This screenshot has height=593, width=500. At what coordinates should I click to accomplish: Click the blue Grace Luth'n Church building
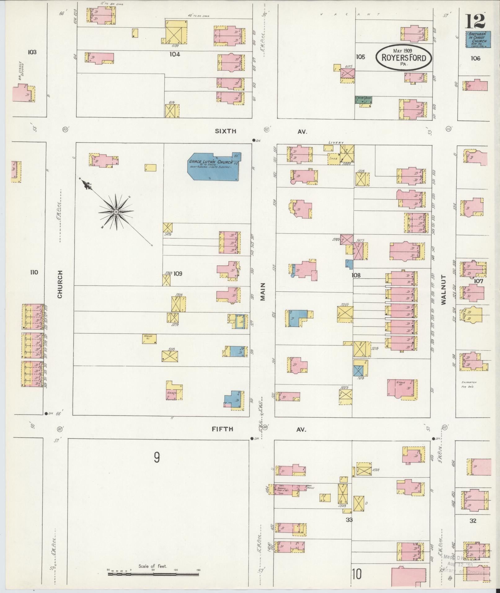pos(214,167)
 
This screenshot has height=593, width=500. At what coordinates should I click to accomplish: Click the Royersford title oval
pos(404,57)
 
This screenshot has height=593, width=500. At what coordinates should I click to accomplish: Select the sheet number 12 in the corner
pos(475,21)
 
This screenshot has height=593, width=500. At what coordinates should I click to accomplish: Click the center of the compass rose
pos(116,212)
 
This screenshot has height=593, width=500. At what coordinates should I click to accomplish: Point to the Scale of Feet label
pos(153,566)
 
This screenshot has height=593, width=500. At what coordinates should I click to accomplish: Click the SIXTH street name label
pos(225,131)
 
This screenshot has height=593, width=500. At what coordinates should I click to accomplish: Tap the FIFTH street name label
pos(222,429)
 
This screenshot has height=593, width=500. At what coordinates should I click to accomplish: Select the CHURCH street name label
pos(60,284)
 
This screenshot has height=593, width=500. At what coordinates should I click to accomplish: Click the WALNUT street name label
pos(443,290)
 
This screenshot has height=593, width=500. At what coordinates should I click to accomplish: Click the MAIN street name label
pos(263,292)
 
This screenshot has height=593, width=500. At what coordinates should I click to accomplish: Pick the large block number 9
pos(157,457)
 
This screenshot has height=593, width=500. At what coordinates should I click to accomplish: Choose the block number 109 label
pos(178,274)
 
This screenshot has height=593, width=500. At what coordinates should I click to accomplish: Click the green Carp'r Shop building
pos(363,100)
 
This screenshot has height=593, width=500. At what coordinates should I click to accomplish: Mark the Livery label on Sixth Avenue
pos(336,143)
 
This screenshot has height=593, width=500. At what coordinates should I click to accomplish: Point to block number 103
pos(32,52)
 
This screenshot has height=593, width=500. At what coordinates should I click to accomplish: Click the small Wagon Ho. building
pos(149,339)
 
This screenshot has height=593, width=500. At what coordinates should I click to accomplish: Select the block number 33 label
pos(349,520)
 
